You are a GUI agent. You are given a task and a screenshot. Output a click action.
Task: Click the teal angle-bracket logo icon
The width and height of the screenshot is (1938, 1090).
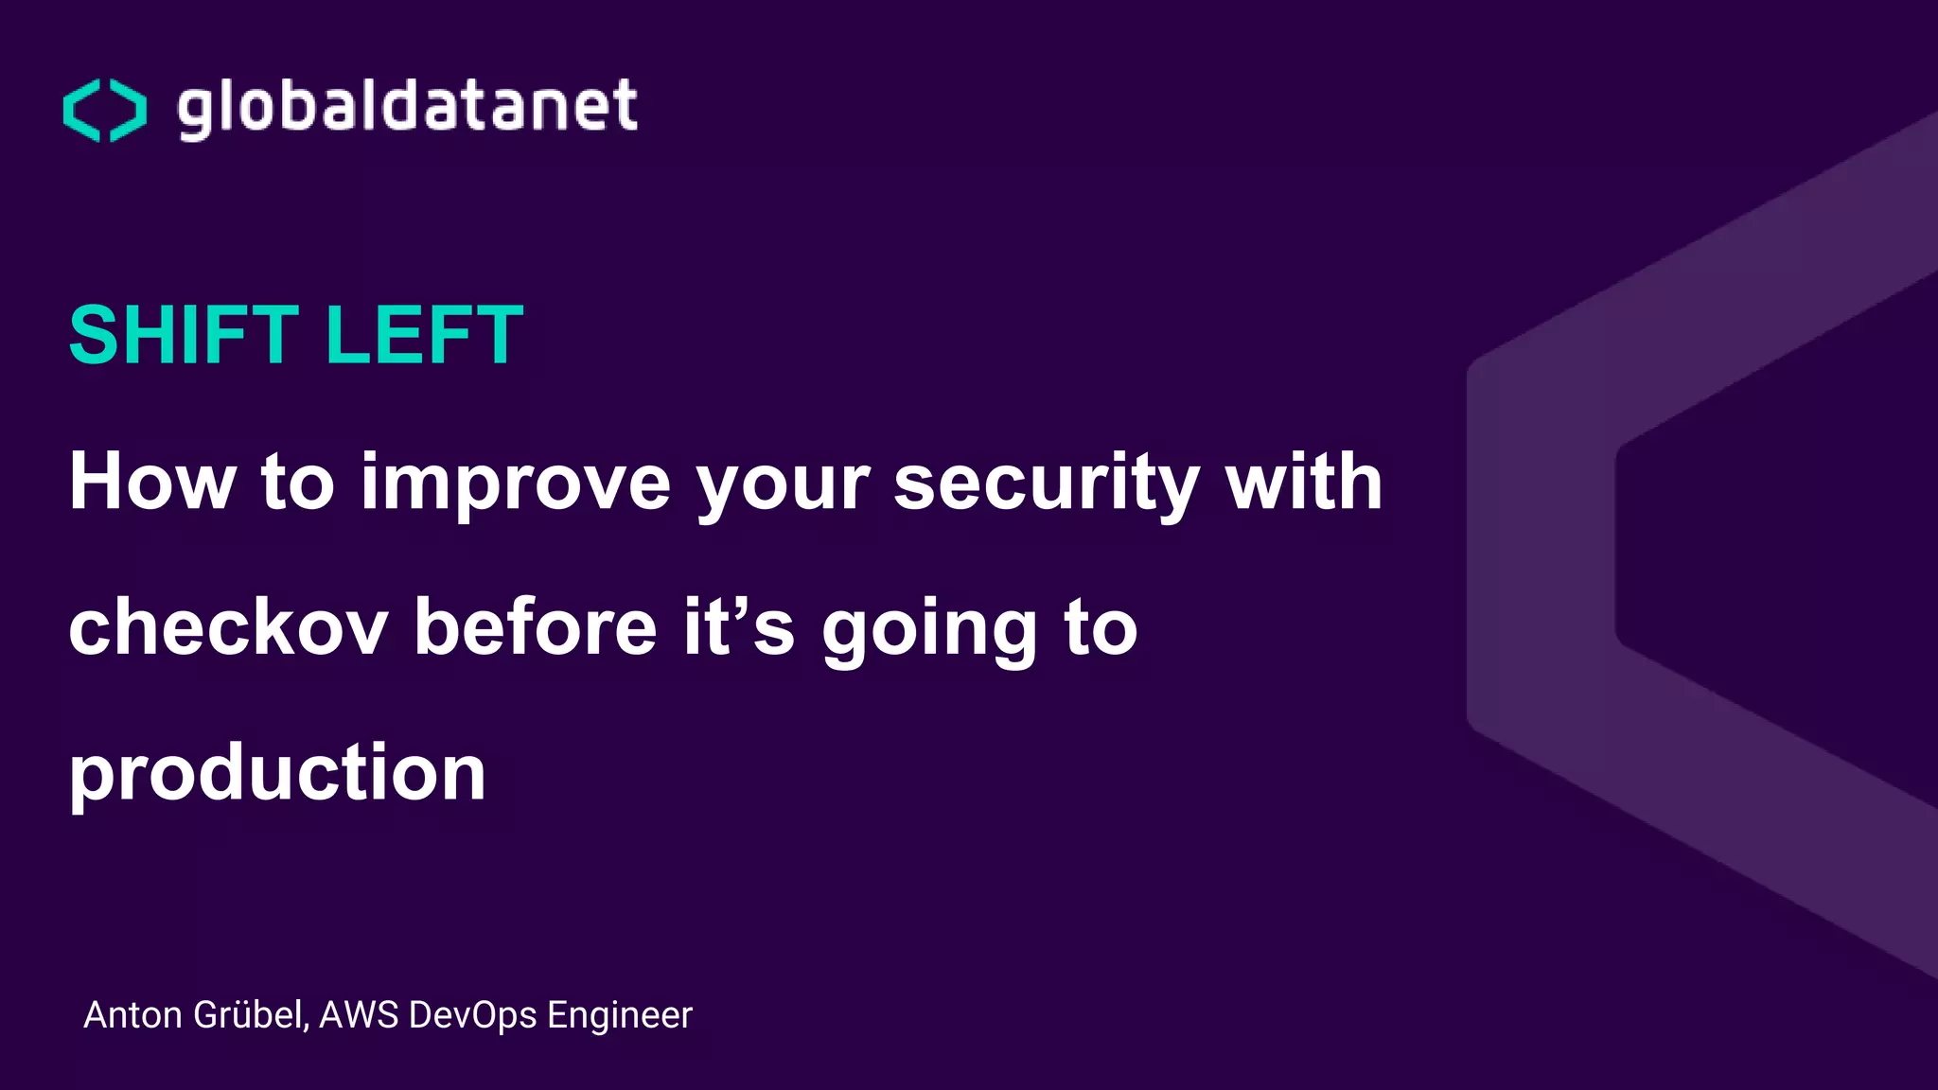point(105,110)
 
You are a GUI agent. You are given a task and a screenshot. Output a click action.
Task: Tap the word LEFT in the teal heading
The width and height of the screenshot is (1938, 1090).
point(424,335)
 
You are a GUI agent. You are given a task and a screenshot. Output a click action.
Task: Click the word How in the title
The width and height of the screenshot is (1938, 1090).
point(152,482)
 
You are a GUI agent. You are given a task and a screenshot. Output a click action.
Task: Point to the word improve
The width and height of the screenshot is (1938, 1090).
point(516,482)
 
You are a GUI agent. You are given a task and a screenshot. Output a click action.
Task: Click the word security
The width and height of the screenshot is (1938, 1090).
point(1047,483)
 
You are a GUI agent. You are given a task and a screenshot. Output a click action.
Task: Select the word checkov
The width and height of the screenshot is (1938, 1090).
point(228,627)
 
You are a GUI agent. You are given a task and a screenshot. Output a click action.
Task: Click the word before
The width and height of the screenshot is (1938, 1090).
point(536,627)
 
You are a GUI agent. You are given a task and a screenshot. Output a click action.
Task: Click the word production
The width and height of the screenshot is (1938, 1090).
point(277,773)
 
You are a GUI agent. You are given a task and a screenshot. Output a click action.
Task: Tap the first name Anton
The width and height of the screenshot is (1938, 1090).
point(132,1015)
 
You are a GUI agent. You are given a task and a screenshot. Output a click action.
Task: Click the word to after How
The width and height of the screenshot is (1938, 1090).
point(297,482)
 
